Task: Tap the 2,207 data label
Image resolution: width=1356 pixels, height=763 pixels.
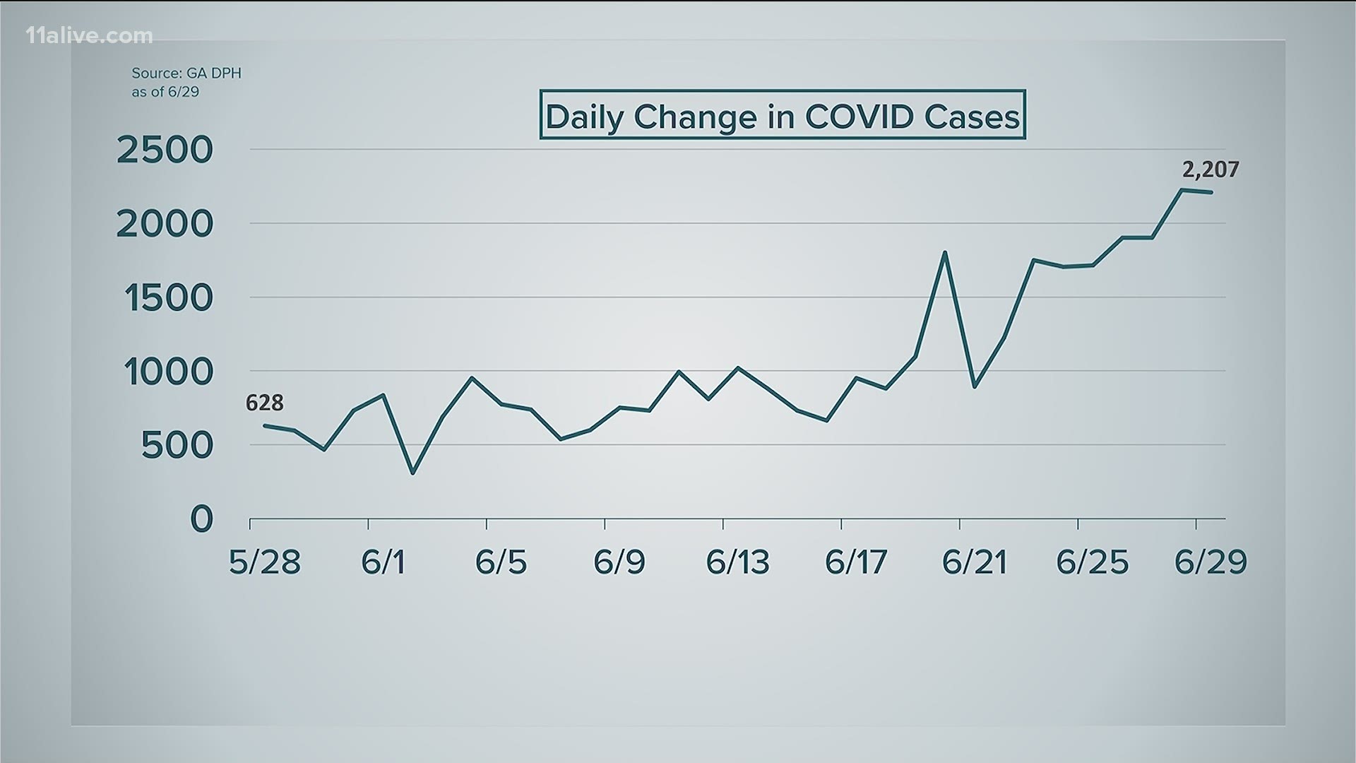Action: coord(1211,170)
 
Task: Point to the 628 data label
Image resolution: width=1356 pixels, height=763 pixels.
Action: coord(265,403)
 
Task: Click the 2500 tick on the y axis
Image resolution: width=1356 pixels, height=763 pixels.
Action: coord(165,150)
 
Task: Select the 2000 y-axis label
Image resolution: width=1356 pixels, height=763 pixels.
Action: coord(165,225)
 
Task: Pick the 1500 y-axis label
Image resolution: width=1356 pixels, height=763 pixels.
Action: coord(169,299)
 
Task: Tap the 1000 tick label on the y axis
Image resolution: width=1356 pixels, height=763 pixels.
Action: coord(169,372)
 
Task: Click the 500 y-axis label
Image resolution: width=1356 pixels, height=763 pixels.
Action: coord(177,446)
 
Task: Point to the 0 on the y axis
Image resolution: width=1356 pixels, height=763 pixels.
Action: coord(201,520)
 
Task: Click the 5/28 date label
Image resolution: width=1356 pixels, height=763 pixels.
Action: coord(265,562)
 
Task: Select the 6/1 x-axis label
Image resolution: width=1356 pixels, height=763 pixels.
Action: coord(383,562)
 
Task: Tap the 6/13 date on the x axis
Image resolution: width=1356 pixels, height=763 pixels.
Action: coord(737,562)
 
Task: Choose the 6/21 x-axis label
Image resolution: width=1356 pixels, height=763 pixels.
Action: coord(974,562)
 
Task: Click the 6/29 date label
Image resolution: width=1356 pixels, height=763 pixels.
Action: coord(1211,562)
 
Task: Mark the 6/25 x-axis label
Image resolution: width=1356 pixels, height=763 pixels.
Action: coord(1092,562)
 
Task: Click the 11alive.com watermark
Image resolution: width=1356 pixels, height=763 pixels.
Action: coord(89,36)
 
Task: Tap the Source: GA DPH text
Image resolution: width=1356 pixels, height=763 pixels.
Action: coord(186,73)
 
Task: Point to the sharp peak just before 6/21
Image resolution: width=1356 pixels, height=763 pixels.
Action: coord(945,252)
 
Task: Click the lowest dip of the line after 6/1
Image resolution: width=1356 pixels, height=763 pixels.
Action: coord(412,473)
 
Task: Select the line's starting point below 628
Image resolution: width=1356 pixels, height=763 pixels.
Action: coord(264,425)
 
